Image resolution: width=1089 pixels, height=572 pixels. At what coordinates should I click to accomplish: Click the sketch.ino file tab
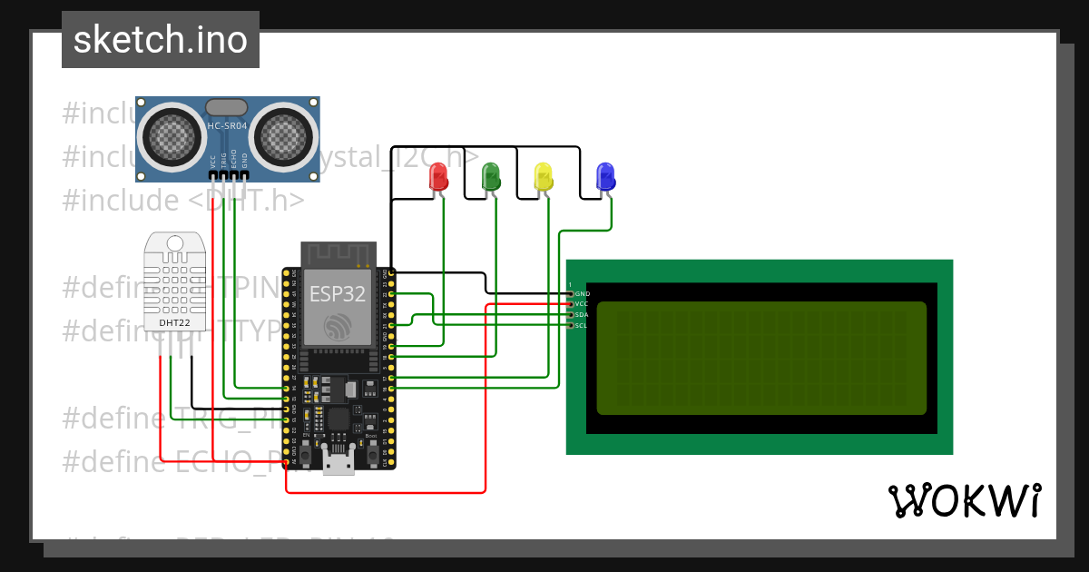point(161,40)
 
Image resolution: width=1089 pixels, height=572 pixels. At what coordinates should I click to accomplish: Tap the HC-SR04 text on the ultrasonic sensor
point(227,125)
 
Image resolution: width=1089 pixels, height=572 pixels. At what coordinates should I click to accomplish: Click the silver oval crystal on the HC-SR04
point(227,108)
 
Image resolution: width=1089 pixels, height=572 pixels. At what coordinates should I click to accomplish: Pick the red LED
point(438,175)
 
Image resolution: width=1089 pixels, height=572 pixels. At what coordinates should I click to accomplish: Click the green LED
point(490,175)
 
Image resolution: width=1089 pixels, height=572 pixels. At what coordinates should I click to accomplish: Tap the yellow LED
point(543,175)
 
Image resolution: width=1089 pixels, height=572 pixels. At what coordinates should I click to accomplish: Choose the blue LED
point(604,175)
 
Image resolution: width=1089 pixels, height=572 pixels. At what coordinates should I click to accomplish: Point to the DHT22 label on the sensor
point(174,322)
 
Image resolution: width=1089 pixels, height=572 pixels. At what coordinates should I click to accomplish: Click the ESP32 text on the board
point(338,293)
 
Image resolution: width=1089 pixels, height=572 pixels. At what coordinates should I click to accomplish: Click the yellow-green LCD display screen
point(760,358)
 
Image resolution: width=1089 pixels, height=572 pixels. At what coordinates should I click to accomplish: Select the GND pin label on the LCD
point(582,294)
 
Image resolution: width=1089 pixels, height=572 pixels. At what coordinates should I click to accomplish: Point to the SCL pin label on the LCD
point(582,325)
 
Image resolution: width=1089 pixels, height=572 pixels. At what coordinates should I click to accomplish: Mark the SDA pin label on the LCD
point(582,314)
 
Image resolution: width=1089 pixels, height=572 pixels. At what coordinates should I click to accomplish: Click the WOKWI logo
point(964,500)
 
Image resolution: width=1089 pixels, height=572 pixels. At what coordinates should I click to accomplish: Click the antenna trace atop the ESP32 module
point(338,254)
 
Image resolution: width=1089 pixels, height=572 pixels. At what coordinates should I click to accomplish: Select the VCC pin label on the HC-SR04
point(213,162)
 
